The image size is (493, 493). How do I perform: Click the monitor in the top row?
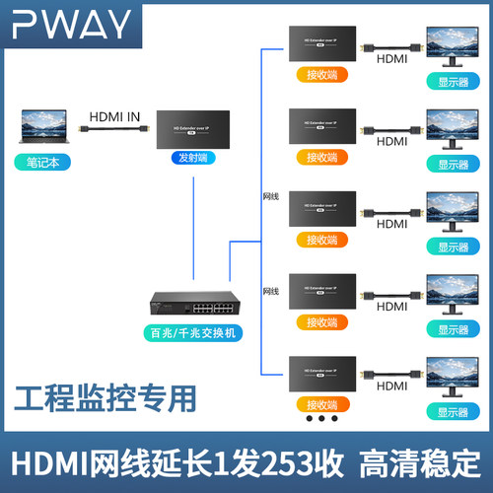453,48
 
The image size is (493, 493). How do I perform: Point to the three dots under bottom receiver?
321,418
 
